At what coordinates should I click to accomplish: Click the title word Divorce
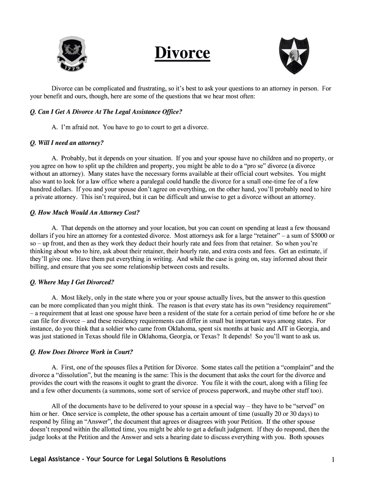click(x=182, y=53)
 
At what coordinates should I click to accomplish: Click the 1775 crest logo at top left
click(x=72, y=56)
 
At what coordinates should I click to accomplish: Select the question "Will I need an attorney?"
click(x=66, y=143)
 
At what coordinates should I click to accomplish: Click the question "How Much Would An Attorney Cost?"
click(x=84, y=212)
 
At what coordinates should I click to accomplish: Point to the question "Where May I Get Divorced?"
click(x=72, y=282)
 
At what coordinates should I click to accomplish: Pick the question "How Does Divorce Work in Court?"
click(x=81, y=352)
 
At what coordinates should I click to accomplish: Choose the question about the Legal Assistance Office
click(x=106, y=112)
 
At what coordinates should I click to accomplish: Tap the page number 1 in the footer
click(x=334, y=460)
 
